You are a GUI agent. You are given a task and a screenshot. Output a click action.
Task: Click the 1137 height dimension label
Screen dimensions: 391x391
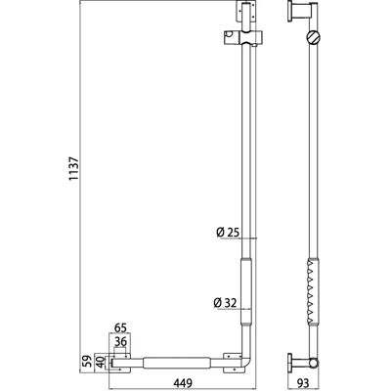click(x=74, y=168)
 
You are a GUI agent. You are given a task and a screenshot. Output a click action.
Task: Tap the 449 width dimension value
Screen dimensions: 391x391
click(x=182, y=382)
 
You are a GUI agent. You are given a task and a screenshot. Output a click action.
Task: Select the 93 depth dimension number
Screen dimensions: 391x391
click(x=302, y=382)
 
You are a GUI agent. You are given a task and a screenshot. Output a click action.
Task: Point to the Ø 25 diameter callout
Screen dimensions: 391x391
click(x=228, y=233)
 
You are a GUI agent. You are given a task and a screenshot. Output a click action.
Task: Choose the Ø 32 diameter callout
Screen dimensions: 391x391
click(x=225, y=303)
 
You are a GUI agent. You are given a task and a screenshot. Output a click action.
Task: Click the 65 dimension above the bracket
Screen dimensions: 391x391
click(x=120, y=327)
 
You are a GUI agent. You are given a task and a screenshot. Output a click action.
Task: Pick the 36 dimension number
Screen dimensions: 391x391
click(x=120, y=342)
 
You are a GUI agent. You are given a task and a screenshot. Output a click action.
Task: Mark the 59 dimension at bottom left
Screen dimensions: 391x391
click(x=87, y=363)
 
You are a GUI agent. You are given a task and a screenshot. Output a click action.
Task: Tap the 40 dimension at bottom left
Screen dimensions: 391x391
click(x=102, y=363)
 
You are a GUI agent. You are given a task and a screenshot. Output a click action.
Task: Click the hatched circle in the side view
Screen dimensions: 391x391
click(x=313, y=37)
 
